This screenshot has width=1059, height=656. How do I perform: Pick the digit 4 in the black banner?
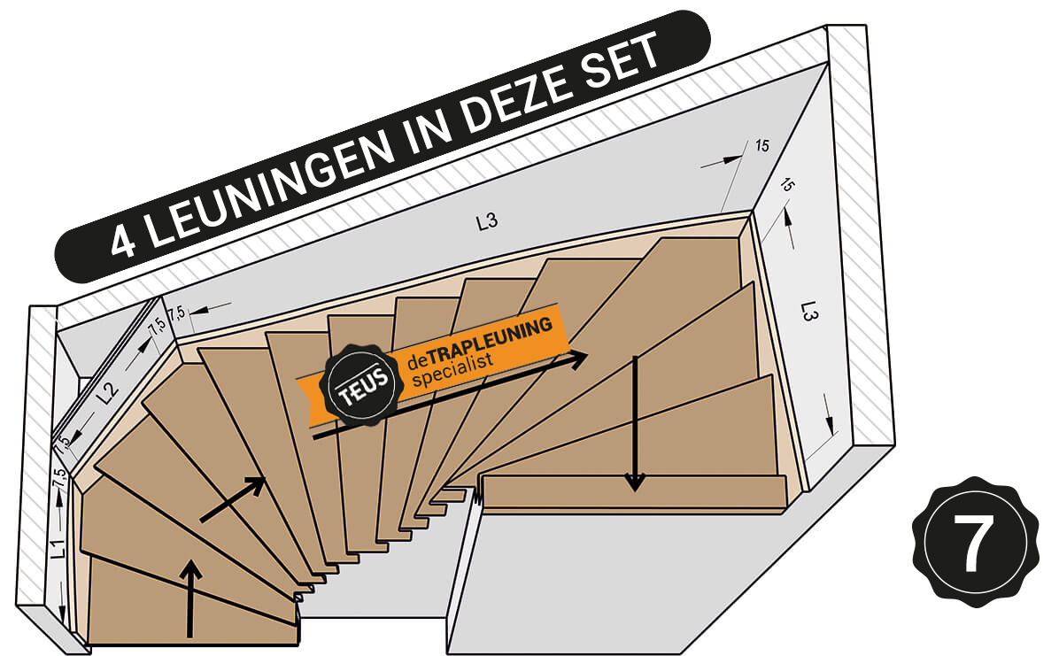click(x=125, y=240)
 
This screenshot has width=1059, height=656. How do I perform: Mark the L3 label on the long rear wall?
click(x=486, y=222)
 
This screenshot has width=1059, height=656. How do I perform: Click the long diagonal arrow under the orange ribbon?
click(x=452, y=397)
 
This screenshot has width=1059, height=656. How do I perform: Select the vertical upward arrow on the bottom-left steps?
click(x=192, y=598)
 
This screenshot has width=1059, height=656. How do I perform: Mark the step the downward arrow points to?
click(x=633, y=493)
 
